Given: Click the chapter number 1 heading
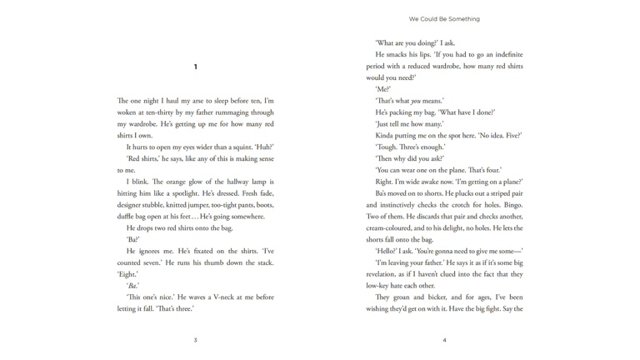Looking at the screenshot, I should point(195,67).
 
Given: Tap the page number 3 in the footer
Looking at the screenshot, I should point(195,339).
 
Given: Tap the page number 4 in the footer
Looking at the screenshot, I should point(444,339).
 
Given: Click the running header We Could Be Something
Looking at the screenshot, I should point(444,18).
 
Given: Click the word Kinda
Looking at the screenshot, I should point(387,135).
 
